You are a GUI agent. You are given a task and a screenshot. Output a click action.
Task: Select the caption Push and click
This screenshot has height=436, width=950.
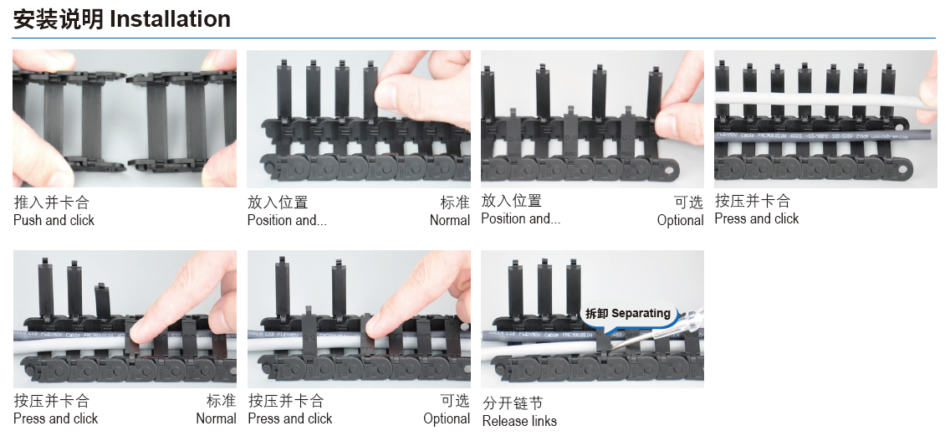54,220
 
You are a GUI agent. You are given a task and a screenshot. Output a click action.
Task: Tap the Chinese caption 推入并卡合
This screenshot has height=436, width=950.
51,203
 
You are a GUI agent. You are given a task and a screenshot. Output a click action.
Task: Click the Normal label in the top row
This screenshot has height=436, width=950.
450,220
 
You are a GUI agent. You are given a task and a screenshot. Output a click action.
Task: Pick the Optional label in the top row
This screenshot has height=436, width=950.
680,220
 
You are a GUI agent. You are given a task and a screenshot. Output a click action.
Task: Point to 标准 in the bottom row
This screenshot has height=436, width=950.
221,401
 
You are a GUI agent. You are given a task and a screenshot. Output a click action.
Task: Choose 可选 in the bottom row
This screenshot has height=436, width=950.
455,401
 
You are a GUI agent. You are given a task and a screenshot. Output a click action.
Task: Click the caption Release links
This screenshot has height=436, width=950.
519,420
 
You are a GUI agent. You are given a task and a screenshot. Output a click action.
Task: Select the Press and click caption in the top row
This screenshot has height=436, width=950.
756,218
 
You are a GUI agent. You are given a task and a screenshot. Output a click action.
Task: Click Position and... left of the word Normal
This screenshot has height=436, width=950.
286,220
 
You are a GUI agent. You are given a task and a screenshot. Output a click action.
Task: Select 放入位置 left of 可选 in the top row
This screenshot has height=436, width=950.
511,201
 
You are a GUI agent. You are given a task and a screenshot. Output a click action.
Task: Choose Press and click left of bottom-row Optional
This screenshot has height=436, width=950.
290,418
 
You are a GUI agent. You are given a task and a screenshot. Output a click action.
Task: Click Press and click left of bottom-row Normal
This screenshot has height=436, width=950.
55,418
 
